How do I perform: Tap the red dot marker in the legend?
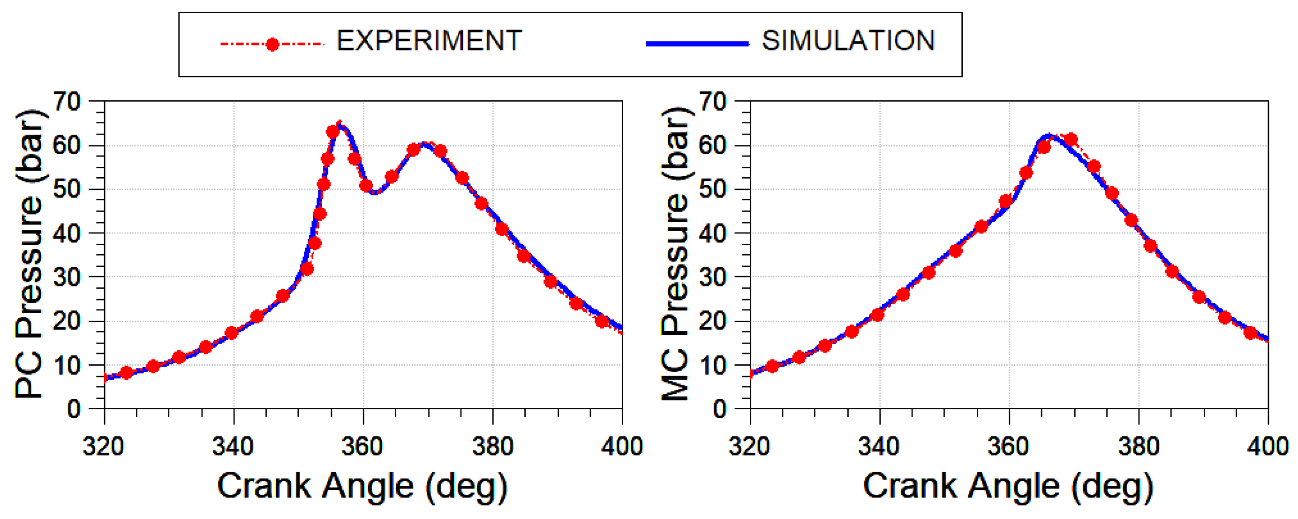pos(272,45)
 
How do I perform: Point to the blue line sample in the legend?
pos(697,45)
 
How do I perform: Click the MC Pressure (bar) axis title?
pos(675,255)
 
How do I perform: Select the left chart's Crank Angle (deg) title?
pos(362,487)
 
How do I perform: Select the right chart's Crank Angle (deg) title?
pos(1008,487)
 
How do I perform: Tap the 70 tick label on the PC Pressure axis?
pos(67,102)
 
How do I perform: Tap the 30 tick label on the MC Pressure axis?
pos(712,277)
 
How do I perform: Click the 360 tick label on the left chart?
pos(362,446)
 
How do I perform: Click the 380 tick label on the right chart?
pos(1138,446)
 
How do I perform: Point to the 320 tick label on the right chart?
pos(750,446)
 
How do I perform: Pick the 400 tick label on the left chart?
pos(622,446)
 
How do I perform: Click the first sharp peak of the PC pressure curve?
pos(340,124)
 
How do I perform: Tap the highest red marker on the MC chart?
pos(1071,140)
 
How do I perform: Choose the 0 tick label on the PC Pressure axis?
pos(74,409)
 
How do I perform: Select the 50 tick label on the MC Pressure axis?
pos(712,189)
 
